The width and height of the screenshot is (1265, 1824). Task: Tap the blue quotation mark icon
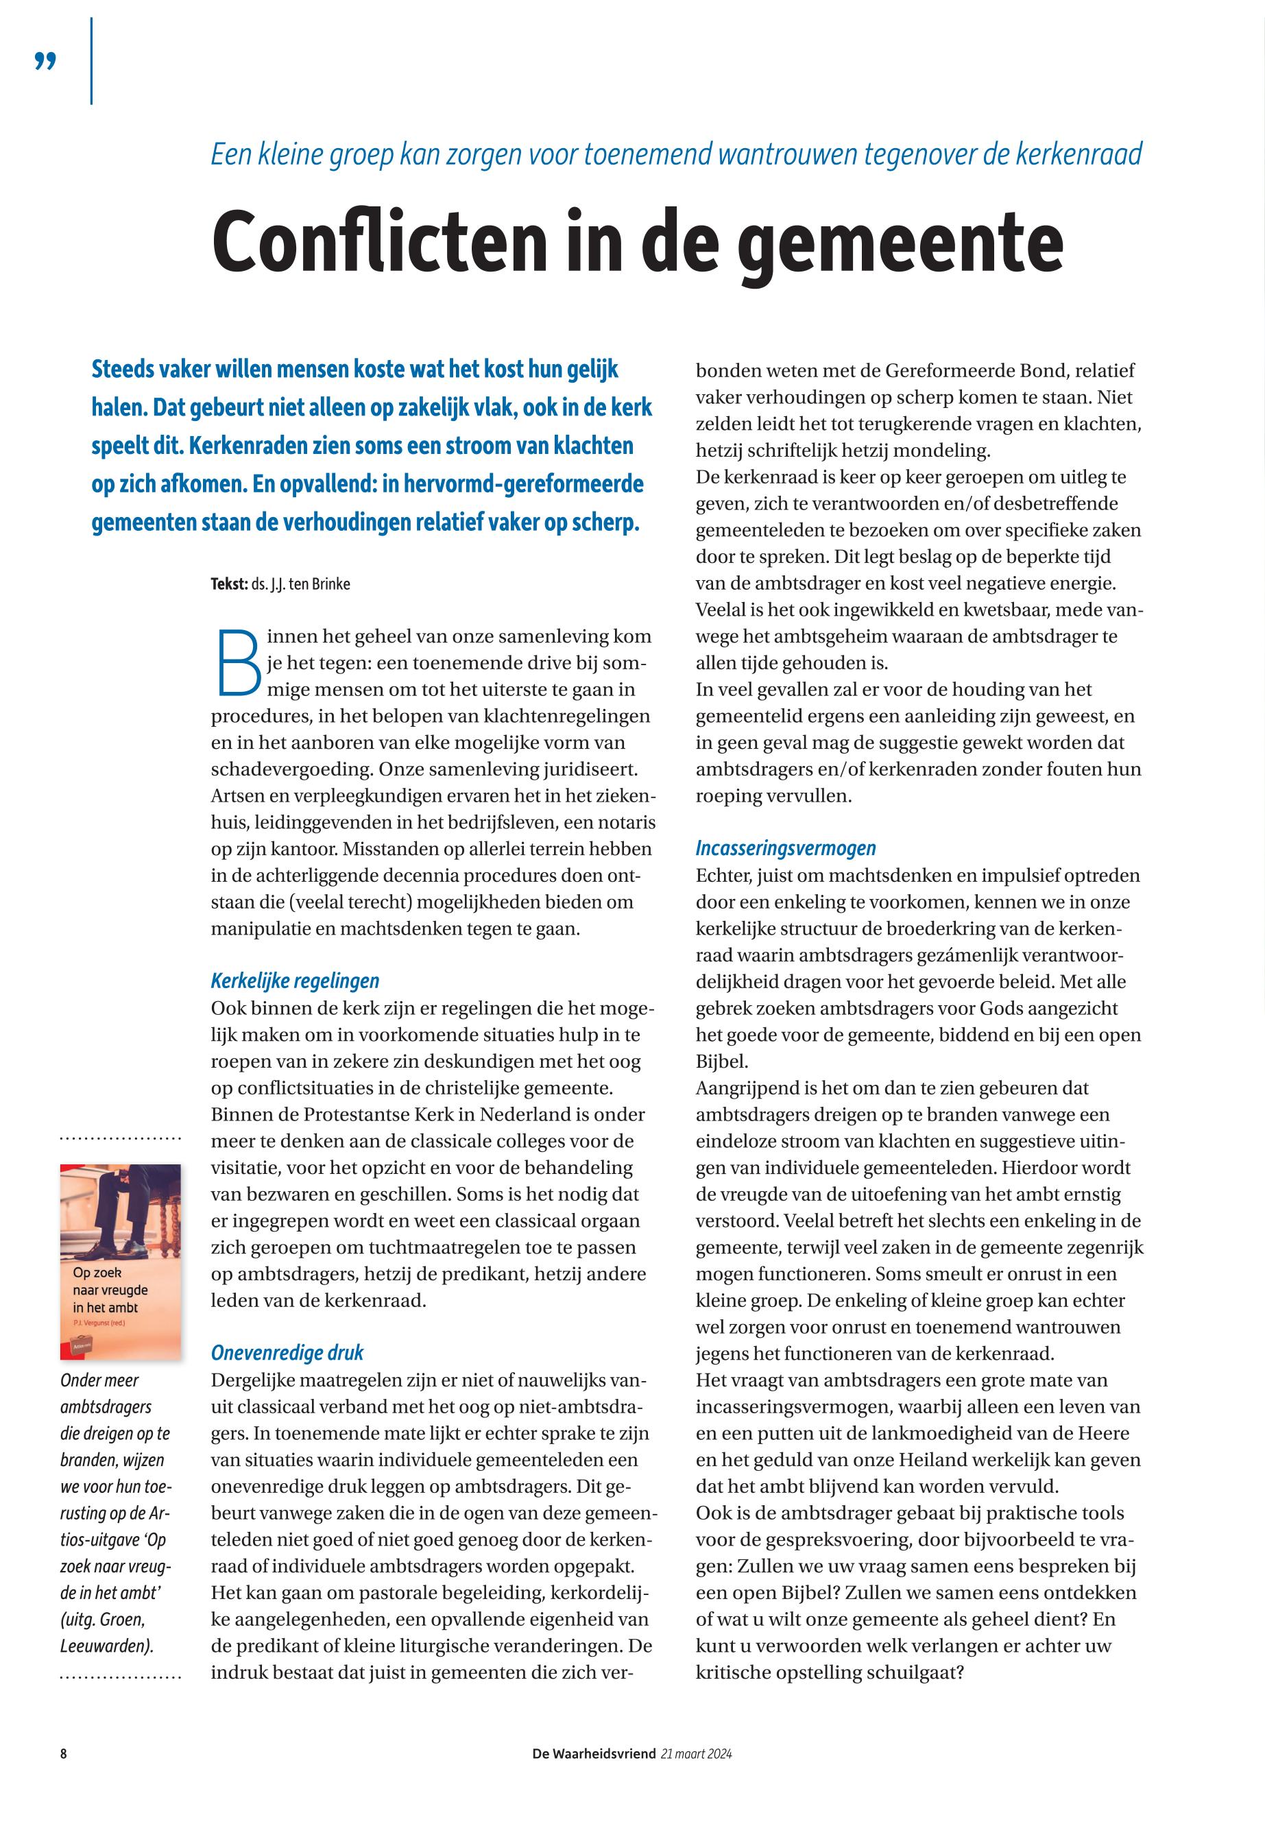point(46,61)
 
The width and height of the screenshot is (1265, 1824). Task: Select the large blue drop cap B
point(237,661)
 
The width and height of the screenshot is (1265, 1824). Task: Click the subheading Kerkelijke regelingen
point(295,981)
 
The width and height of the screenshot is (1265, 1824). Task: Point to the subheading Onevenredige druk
point(287,1352)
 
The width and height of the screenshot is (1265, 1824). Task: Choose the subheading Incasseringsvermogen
point(786,848)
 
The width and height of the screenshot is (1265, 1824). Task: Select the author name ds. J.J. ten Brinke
point(300,584)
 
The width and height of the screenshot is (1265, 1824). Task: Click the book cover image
point(121,1260)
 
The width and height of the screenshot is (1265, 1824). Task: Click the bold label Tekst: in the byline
point(229,584)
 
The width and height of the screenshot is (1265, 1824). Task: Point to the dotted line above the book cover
point(121,1139)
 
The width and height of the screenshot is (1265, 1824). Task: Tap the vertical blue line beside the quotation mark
point(92,61)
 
